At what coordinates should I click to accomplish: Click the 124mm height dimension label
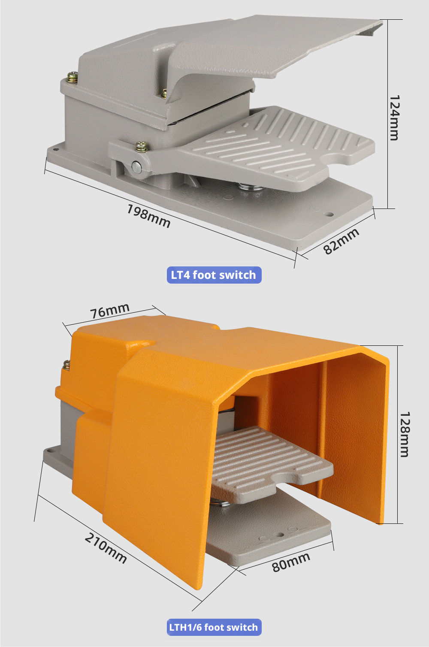394,118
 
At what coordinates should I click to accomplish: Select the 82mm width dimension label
341,241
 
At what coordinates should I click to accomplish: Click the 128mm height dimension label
405,435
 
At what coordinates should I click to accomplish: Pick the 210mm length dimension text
106,548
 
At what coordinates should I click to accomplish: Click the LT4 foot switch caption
214,275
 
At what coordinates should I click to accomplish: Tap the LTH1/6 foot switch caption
214,627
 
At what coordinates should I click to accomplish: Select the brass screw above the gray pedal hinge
142,146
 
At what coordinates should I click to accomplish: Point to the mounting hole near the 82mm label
329,215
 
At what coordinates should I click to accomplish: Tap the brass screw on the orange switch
66,365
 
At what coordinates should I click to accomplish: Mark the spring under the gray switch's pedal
251,188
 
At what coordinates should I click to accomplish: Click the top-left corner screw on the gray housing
73,77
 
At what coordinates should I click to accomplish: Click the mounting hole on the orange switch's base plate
280,535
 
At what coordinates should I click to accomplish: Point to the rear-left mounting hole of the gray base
56,149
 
